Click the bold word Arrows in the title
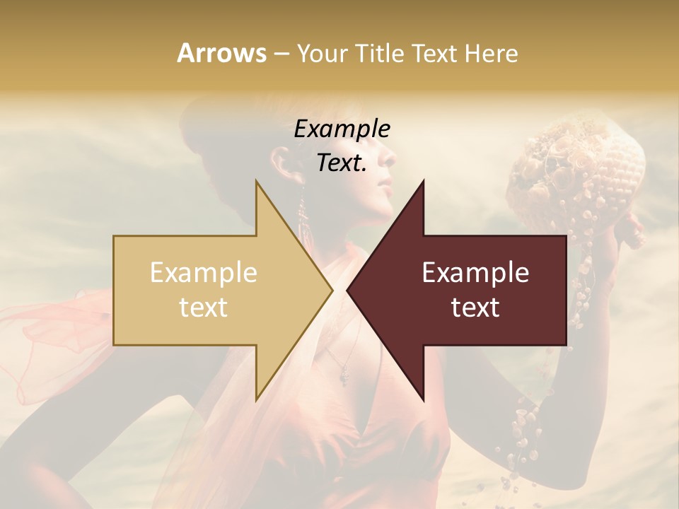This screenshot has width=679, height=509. point(221,53)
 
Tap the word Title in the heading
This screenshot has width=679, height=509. point(377,54)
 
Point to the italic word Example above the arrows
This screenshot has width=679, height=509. point(342,129)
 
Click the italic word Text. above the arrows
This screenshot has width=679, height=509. point(342,163)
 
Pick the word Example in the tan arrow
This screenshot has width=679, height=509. point(203,273)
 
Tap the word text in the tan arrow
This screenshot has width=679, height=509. point(203,308)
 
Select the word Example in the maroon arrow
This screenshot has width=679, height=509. point(475,273)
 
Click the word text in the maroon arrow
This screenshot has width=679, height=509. point(475,308)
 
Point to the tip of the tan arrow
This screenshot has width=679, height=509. point(332,290)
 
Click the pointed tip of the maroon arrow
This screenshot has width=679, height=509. point(348,290)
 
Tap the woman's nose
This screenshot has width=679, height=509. point(389,172)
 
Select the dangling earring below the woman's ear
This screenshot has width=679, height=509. point(302,212)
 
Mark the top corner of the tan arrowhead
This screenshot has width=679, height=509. point(256,181)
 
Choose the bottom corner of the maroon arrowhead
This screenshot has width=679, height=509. point(423,400)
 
